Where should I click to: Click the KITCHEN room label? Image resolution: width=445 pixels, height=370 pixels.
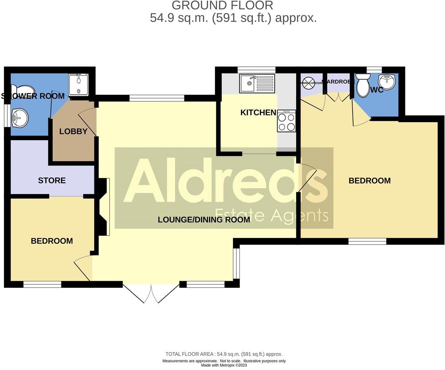pos(258,113)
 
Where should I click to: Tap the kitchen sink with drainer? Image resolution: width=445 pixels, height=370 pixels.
pos(257,83)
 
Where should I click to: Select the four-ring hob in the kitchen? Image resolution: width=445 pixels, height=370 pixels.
pos(286,121)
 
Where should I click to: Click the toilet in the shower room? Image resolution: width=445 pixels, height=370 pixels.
pos(23,90)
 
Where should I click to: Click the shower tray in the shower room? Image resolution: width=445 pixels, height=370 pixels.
pos(79,84)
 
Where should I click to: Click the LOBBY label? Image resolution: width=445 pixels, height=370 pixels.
pos(73,131)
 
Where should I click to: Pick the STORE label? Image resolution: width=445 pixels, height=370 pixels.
pos(52,181)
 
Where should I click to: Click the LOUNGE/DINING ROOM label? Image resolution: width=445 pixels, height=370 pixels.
pos(204,220)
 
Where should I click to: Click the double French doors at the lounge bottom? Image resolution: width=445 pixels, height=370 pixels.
pos(151,293)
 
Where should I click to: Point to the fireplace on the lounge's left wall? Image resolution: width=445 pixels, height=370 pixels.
pos(103,206)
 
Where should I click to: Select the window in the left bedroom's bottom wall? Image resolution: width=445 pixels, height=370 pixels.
pos(42,284)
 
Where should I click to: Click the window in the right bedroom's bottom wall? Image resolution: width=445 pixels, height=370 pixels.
pos(367,241)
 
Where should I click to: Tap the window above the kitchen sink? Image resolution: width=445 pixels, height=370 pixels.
pos(256,70)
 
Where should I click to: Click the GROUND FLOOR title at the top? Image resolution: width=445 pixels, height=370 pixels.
pos(222,5)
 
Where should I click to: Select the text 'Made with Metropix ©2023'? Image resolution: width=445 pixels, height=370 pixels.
pos(224,365)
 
